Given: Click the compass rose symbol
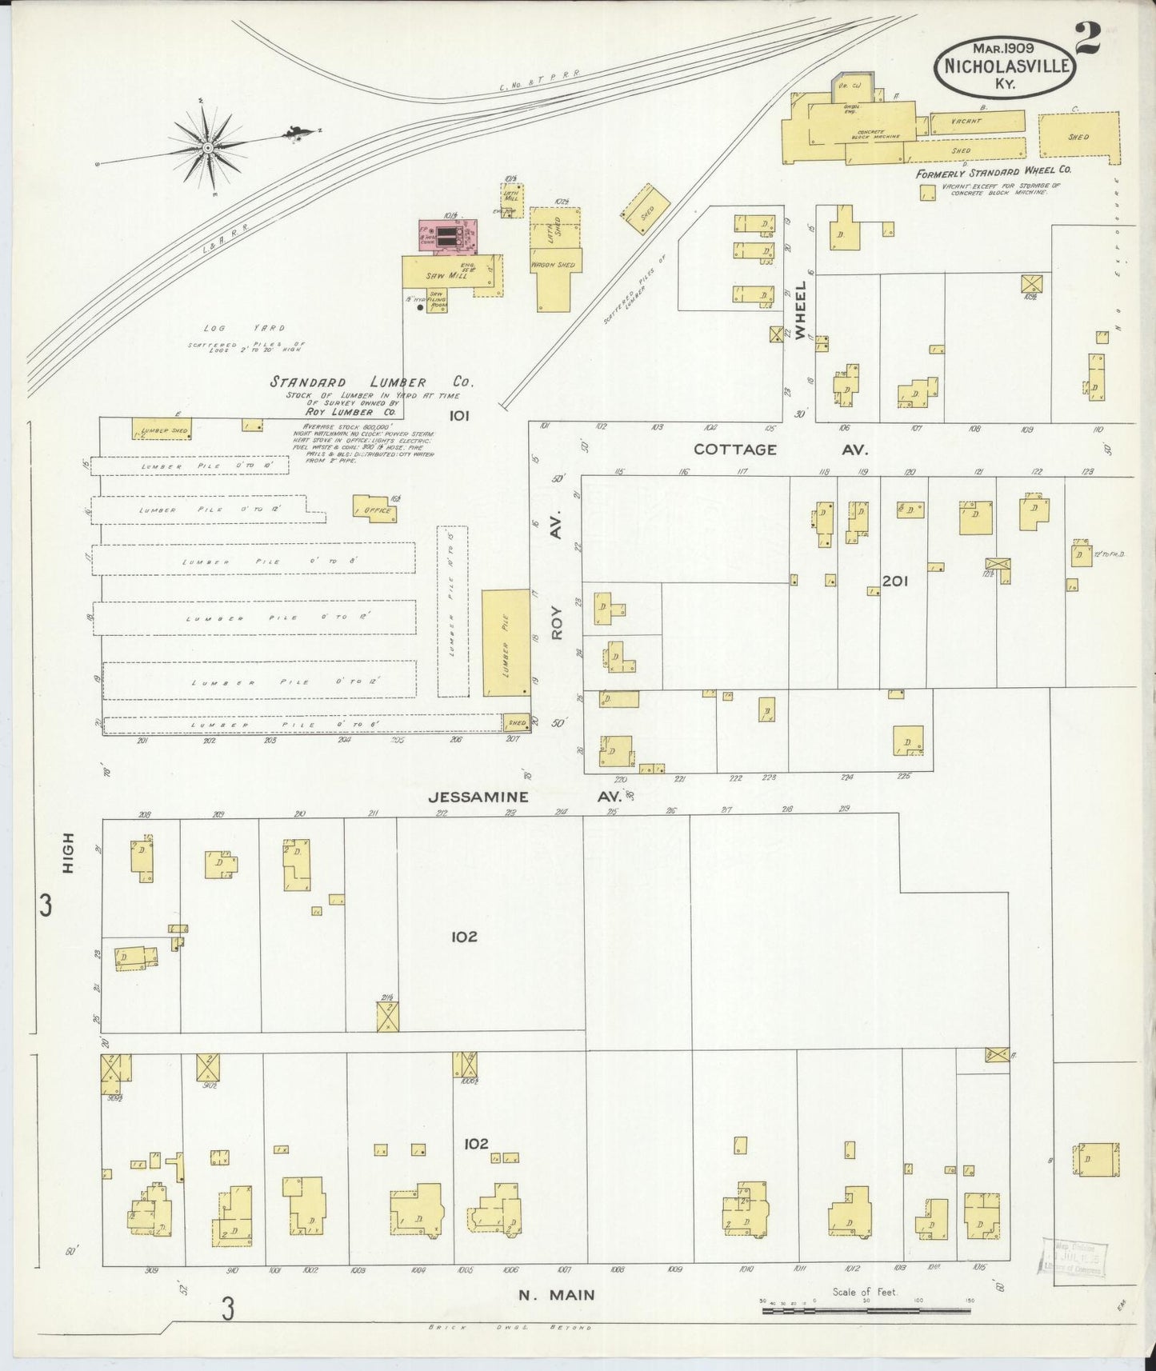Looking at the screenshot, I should coord(207,147).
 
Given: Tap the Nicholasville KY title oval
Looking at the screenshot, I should coord(1006,68).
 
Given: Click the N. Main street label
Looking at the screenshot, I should coord(556,1295).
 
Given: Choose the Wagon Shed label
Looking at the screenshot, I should coord(554,265).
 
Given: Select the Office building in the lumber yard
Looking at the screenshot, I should coord(375,510).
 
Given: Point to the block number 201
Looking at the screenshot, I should coord(894,582).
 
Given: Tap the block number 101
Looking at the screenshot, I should coord(459,415).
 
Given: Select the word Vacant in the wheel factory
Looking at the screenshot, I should coord(966,122).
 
